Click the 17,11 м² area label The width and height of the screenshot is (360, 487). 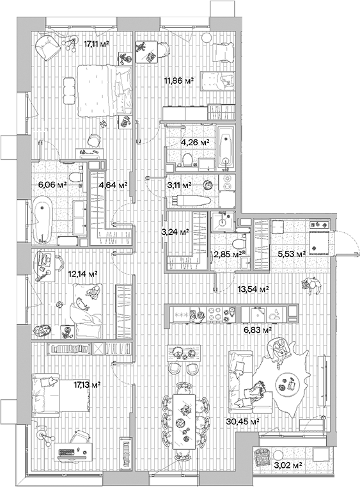(96, 44)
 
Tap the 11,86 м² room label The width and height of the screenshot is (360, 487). (179, 81)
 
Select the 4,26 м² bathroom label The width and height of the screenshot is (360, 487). (196, 142)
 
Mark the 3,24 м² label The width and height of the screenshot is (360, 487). (175, 232)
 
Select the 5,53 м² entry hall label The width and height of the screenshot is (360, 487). (291, 254)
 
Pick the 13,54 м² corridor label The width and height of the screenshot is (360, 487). (253, 289)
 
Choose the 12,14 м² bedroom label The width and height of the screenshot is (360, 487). (82, 273)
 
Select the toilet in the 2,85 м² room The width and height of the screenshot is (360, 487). (239, 243)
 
